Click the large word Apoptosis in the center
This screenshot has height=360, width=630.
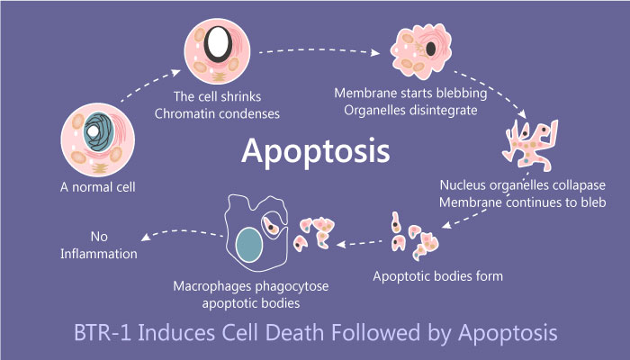pyautogui.click(x=315, y=150)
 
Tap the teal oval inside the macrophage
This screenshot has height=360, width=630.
pyautogui.click(x=249, y=246)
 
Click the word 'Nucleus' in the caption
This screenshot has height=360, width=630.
pyautogui.click(x=463, y=185)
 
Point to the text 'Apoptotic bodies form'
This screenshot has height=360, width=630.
pyautogui.click(x=438, y=276)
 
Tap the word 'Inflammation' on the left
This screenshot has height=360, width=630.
pyautogui.click(x=99, y=254)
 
